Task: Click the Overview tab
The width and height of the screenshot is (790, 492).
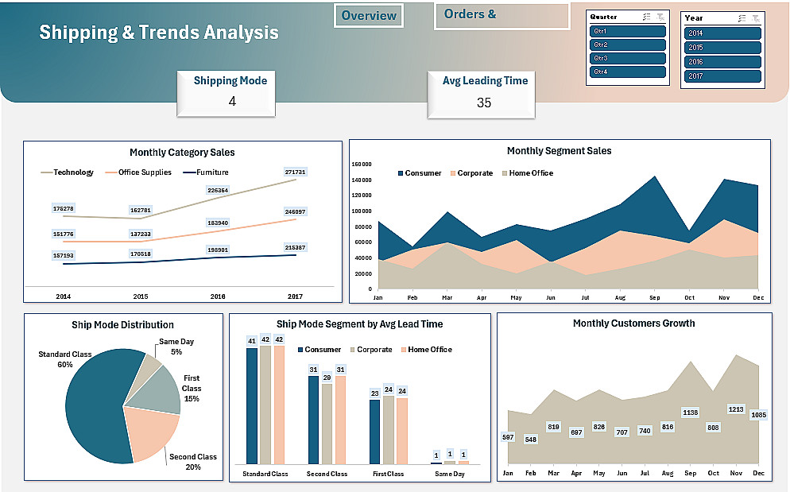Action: click(x=369, y=16)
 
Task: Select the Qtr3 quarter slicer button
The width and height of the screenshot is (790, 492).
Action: click(x=628, y=58)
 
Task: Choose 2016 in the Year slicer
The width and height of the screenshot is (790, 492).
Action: click(x=722, y=62)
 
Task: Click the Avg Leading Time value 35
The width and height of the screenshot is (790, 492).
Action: click(x=484, y=103)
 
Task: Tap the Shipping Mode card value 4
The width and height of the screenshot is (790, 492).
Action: click(x=232, y=102)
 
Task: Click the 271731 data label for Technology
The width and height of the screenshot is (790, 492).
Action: click(x=295, y=172)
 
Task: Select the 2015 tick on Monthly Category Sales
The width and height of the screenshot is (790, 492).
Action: click(x=141, y=296)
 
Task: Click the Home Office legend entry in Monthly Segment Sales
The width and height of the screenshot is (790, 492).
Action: click(x=530, y=173)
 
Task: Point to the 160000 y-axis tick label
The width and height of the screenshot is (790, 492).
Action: click(x=362, y=165)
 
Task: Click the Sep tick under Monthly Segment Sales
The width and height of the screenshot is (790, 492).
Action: click(x=655, y=297)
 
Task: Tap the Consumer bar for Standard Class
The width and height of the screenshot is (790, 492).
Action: click(x=252, y=405)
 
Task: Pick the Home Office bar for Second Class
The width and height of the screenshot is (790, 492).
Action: click(x=341, y=419)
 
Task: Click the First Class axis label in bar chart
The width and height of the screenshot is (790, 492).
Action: click(x=388, y=475)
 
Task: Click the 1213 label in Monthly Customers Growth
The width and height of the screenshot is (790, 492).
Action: click(x=736, y=410)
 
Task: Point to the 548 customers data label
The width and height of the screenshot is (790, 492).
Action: click(x=531, y=440)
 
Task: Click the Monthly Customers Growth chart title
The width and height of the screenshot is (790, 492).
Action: click(x=633, y=323)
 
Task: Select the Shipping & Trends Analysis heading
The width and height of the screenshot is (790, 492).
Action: click(x=159, y=33)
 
